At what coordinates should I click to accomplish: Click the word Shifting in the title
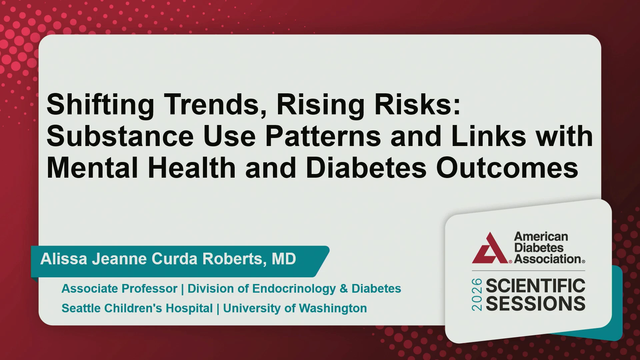(x=100, y=105)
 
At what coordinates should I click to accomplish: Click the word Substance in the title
(x=120, y=137)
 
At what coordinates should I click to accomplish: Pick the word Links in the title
(x=488, y=137)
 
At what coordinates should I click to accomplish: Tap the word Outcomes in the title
(x=507, y=168)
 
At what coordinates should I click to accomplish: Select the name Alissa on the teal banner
(x=64, y=259)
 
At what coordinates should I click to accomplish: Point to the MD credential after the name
(x=284, y=259)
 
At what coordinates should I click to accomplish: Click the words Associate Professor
(x=119, y=289)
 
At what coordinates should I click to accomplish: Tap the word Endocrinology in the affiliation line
(x=294, y=289)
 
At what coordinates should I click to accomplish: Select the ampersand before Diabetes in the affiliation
(x=344, y=289)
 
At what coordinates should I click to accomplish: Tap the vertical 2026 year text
(x=477, y=295)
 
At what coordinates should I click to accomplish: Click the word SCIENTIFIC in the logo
(x=536, y=286)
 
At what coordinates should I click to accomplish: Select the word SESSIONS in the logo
(x=536, y=304)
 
